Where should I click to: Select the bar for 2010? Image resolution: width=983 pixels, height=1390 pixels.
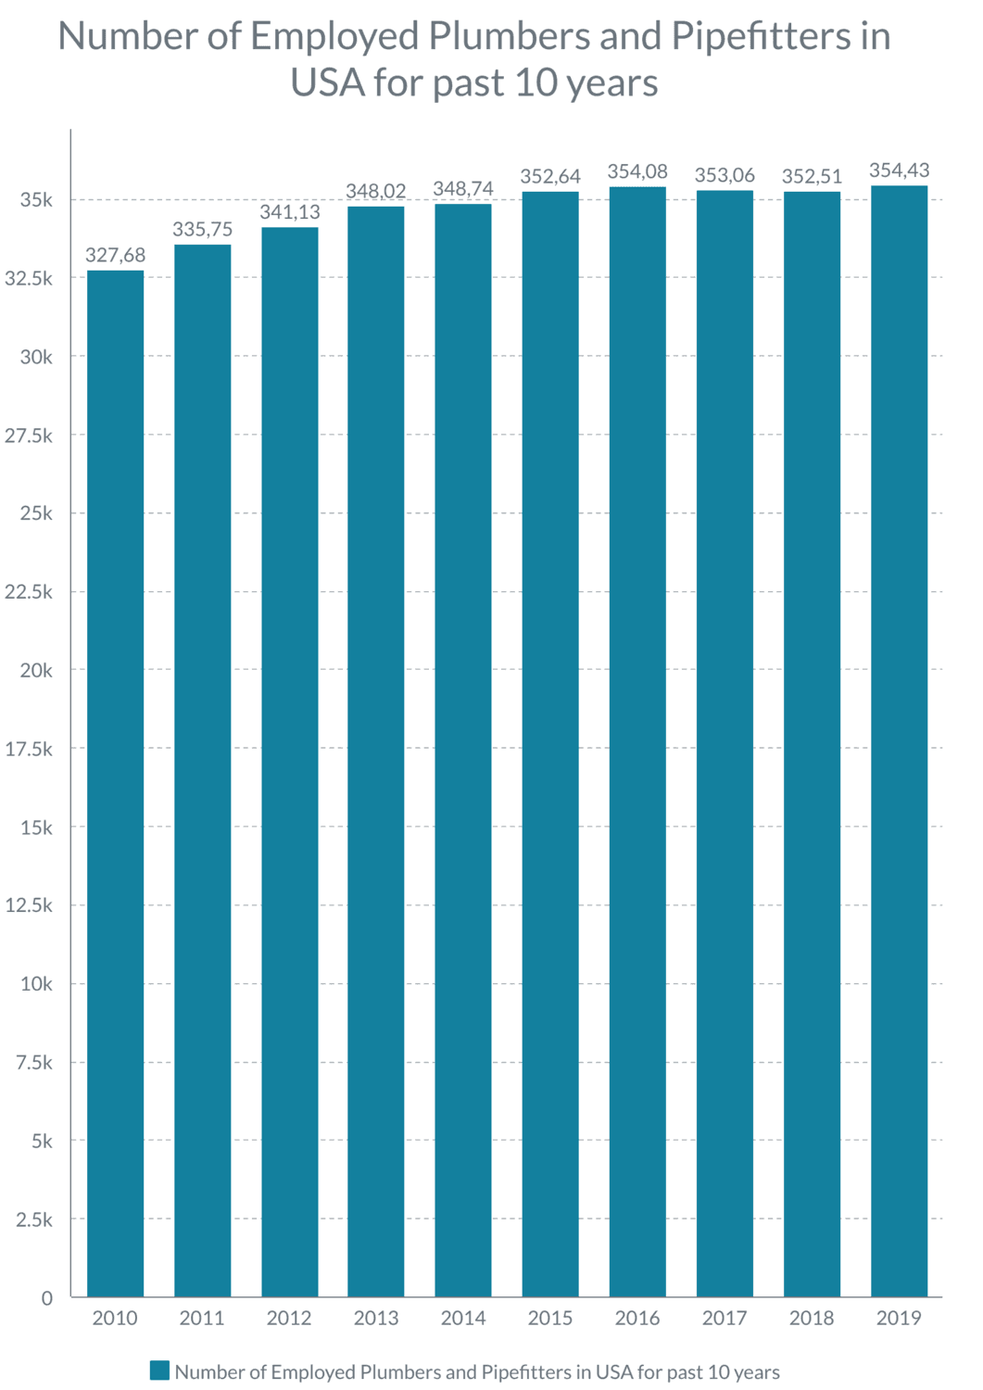(x=115, y=783)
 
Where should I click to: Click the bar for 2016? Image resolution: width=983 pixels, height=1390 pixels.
(x=637, y=741)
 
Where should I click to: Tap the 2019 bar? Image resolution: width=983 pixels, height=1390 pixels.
(x=899, y=741)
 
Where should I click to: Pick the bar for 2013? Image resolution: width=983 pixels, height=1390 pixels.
(x=376, y=751)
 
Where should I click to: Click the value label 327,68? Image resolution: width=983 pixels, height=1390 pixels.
(x=115, y=255)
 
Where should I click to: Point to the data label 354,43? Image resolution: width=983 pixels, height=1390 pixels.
(x=899, y=171)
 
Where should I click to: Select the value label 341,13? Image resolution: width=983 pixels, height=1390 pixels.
(x=289, y=212)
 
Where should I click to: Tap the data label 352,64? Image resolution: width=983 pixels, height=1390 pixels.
(x=550, y=176)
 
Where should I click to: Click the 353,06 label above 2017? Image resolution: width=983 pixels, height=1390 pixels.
(x=725, y=175)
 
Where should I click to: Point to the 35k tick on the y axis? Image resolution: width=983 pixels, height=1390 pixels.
(x=37, y=200)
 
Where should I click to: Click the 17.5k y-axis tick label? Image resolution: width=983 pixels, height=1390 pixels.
(x=29, y=749)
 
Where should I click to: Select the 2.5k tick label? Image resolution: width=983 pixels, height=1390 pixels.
(x=33, y=1219)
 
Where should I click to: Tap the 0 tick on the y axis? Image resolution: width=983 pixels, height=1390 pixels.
(x=46, y=1298)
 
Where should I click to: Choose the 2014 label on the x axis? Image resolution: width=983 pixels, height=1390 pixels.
(x=463, y=1318)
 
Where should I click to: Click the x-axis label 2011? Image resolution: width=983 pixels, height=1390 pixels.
(x=202, y=1318)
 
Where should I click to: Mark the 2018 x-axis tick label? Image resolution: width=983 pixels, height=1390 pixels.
(x=812, y=1318)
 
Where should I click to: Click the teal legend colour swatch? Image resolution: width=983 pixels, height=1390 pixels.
(x=159, y=1371)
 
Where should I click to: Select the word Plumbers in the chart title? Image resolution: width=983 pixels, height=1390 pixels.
(x=509, y=36)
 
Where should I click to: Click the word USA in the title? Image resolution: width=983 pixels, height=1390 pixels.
(x=327, y=82)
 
